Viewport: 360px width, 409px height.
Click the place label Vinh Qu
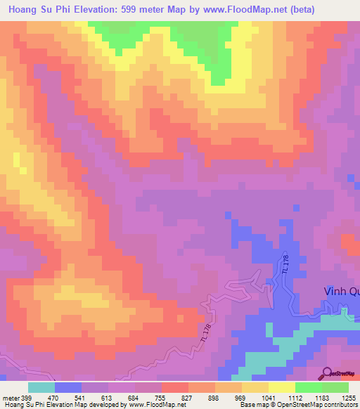click(x=341, y=292)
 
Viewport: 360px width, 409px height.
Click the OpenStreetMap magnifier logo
click(x=327, y=372)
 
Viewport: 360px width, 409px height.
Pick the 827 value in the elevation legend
click(x=188, y=397)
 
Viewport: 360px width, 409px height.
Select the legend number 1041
click(x=268, y=397)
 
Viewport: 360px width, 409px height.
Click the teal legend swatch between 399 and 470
click(x=41, y=387)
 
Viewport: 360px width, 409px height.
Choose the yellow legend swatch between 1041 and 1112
click(x=281, y=387)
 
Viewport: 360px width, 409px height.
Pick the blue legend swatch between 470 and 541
click(x=68, y=387)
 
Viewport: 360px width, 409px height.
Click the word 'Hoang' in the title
click(x=23, y=9)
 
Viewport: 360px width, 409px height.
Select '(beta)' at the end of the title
click(x=300, y=9)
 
